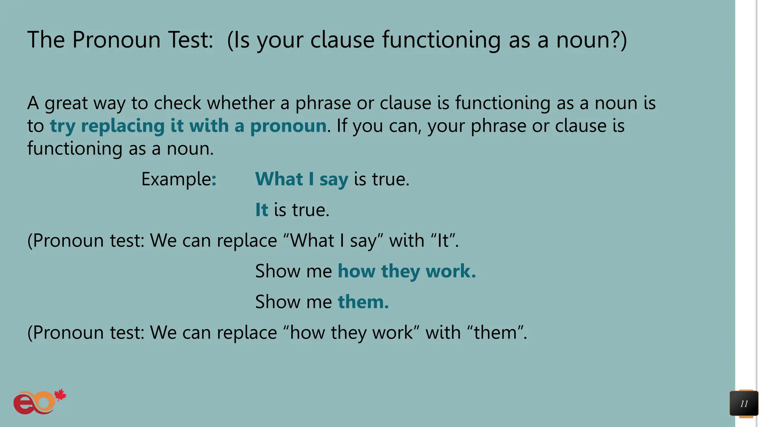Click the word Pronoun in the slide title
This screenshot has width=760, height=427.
[116, 40]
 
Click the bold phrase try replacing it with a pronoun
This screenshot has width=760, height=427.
[188, 126]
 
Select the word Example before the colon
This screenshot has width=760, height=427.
[176, 179]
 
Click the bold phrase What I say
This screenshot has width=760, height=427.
[302, 179]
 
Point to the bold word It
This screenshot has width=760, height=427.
[262, 210]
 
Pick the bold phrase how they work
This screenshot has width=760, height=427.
[406, 271]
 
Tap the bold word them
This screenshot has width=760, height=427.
[363, 302]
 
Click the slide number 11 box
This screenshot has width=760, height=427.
[744, 404]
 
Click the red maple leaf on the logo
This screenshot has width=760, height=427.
[60, 395]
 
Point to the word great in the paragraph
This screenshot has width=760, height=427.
[66, 103]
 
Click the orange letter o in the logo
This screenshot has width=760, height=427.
[45, 402]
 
